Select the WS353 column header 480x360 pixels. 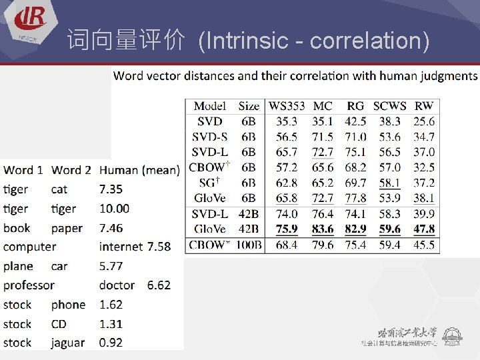coord(286,105)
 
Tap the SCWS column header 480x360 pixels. coord(389,105)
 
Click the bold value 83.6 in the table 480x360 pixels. coord(323,229)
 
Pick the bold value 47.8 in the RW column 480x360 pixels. coord(423,229)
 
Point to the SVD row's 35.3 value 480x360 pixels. coord(287,121)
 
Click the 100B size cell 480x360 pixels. coord(249,245)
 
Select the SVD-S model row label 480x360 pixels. coord(210,137)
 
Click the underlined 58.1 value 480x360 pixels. coord(389,183)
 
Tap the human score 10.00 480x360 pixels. coord(114,209)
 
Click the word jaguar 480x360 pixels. coord(68,343)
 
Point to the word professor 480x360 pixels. coord(29,285)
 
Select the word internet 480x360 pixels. coord(121,247)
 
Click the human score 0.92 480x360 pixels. coord(111,343)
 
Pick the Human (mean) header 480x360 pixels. coord(139,171)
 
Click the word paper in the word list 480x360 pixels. coord(67,228)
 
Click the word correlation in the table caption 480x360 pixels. coord(313,75)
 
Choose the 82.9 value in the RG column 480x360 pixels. coord(355,229)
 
